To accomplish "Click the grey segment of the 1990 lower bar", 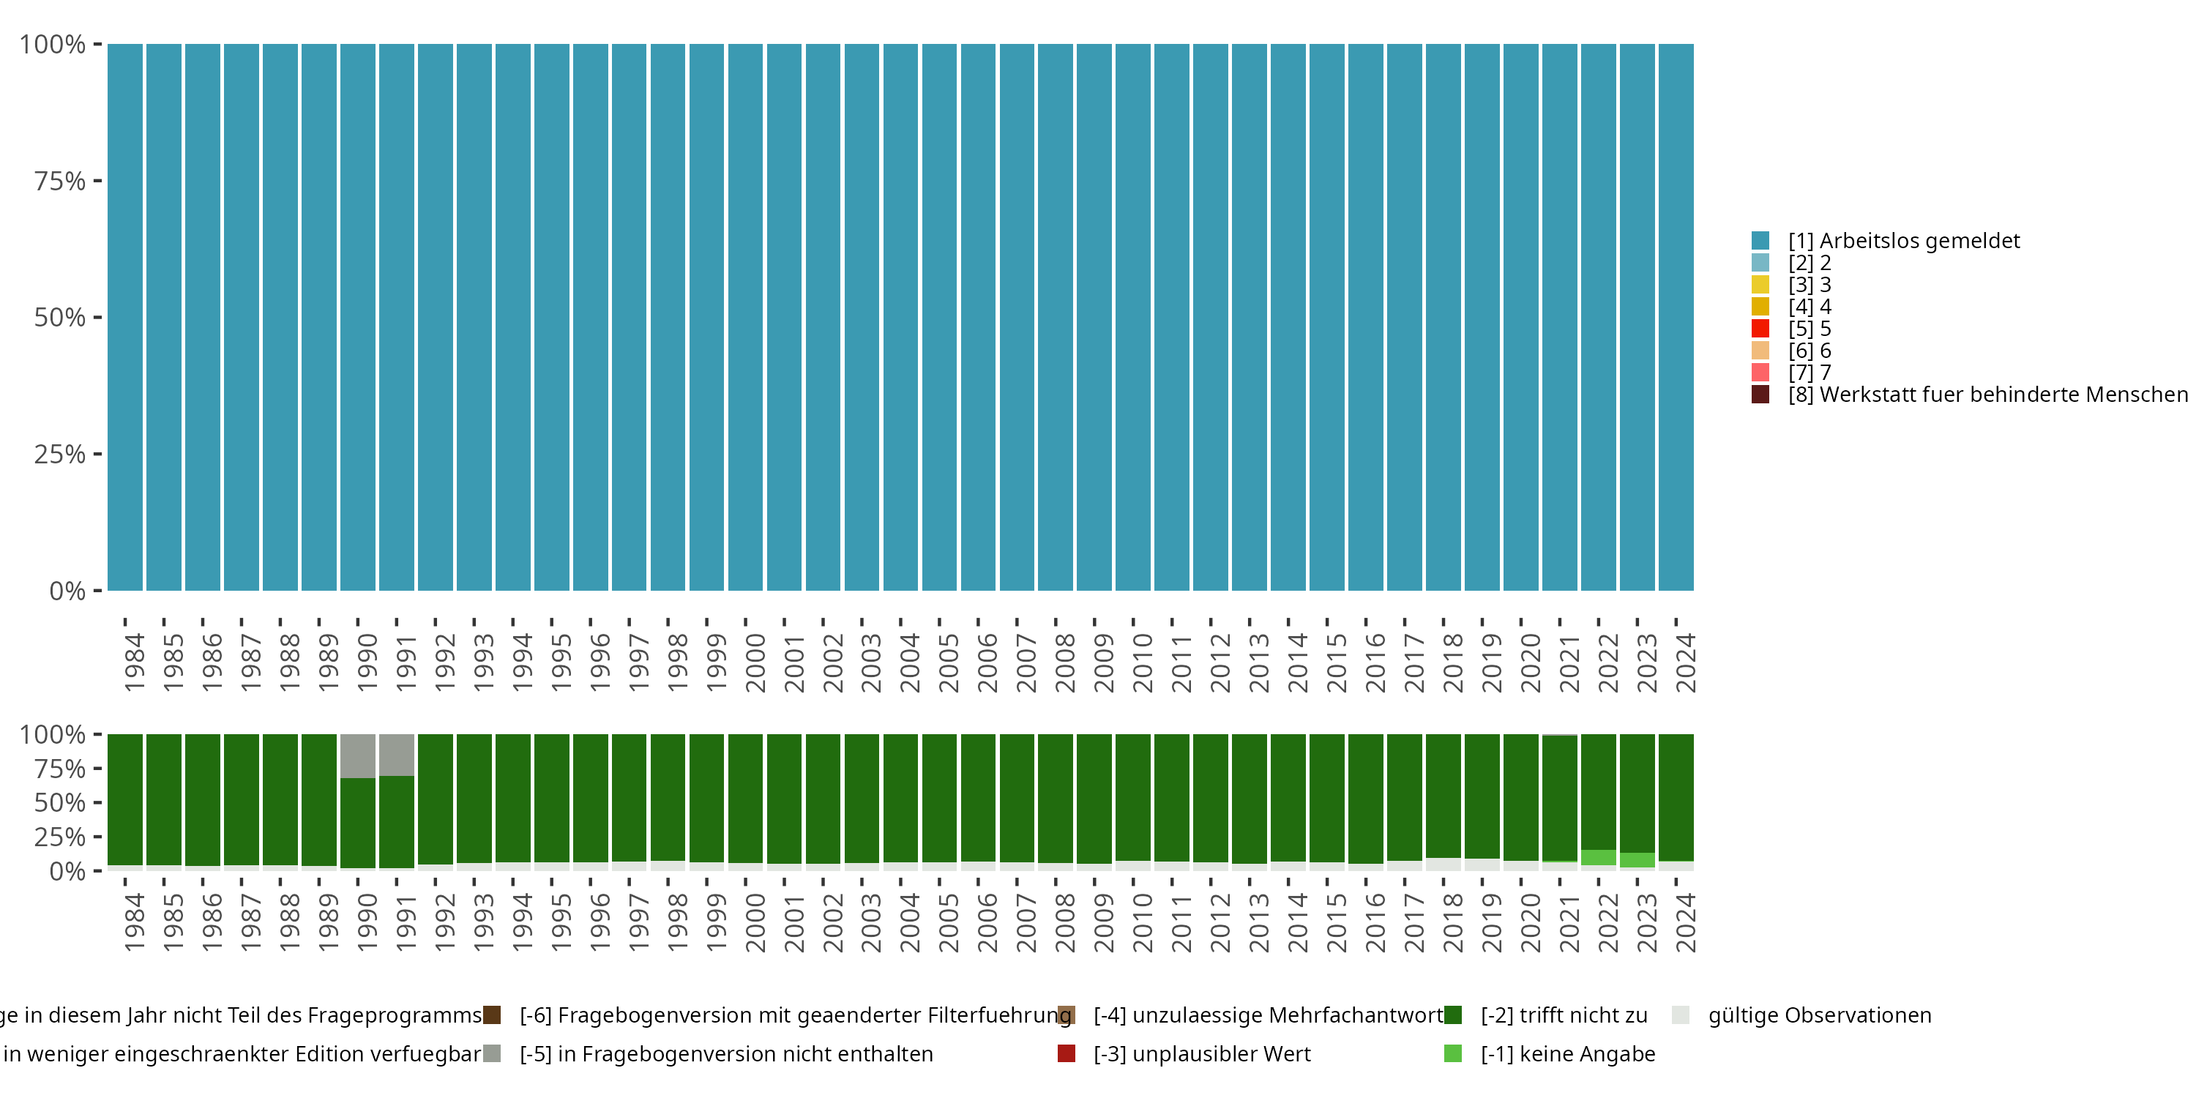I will point(358,755).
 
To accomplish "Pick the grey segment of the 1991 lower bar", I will point(397,755).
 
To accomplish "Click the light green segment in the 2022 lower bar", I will point(1599,858).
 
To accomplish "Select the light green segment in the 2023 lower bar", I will point(1637,860).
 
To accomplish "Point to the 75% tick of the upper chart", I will point(97,181).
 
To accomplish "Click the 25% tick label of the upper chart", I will point(60,455).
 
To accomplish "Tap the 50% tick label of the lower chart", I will point(60,803).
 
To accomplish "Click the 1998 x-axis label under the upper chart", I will point(678,662).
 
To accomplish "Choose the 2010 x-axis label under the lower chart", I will point(1143,922).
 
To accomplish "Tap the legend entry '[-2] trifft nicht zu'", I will point(1564,1015).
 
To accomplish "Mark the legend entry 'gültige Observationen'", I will point(1818,1015).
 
